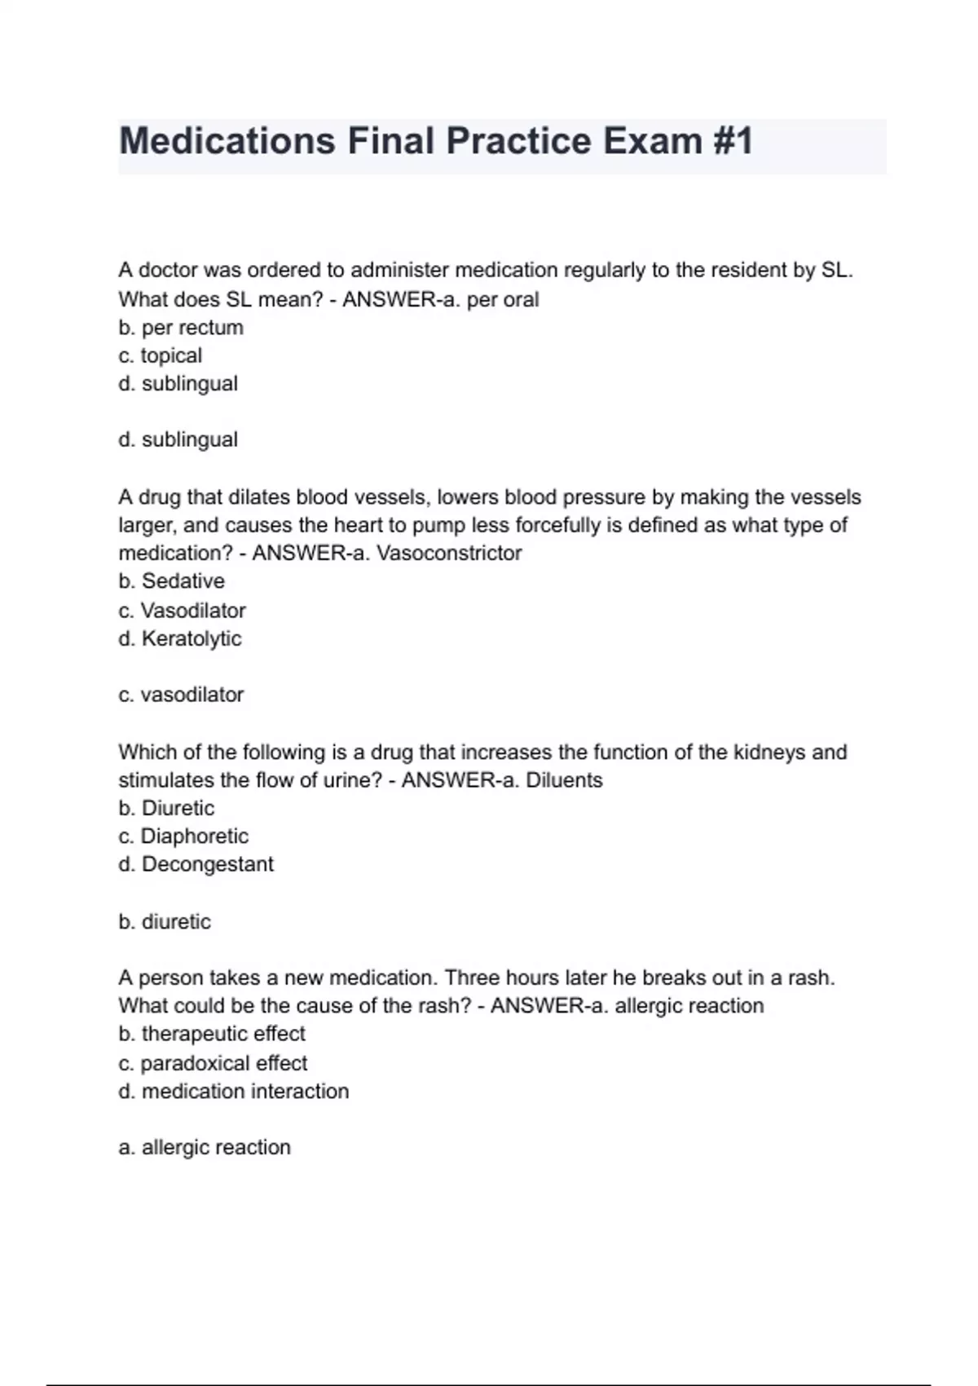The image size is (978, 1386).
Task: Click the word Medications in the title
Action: coord(227,141)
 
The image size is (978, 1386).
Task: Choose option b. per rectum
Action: coord(181,328)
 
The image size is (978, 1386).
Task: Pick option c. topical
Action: coord(160,355)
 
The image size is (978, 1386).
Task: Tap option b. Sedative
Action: coord(171,581)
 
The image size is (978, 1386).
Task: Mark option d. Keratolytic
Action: coord(180,638)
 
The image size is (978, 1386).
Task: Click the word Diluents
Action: coord(564,780)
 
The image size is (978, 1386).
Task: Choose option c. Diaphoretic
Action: coord(183,836)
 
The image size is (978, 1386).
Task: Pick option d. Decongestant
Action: coord(196,864)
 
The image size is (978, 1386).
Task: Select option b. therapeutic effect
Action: coord(212,1034)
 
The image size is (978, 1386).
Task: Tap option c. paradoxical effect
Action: coord(213,1063)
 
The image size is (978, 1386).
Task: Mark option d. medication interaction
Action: coord(233,1092)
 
